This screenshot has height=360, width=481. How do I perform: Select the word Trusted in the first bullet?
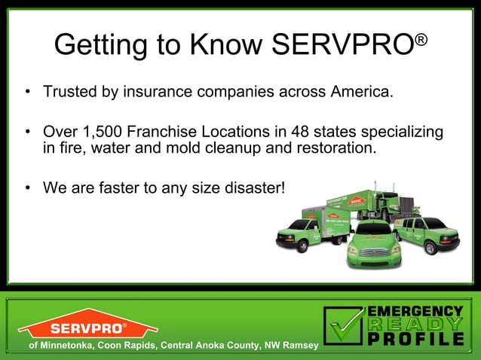(70, 93)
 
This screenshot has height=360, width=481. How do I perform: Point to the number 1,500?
(103, 133)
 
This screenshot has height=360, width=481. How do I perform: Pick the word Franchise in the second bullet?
(167, 133)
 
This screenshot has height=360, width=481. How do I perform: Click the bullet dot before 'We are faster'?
(27, 187)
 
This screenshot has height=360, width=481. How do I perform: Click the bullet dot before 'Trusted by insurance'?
(27, 93)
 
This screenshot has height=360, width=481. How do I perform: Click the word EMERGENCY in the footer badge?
(414, 310)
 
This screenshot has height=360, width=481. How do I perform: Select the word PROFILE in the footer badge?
(414, 339)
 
